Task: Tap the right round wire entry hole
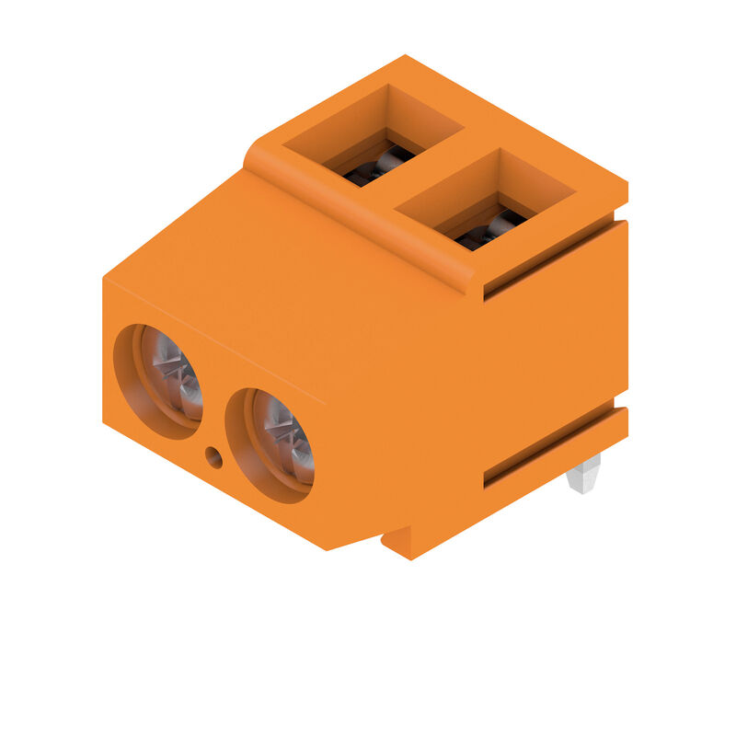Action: click(x=270, y=443)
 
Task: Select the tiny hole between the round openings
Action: click(x=214, y=455)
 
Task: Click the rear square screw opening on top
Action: click(x=373, y=133)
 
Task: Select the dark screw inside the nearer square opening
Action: click(x=492, y=230)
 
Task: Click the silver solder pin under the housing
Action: click(x=584, y=474)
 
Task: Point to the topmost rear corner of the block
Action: click(x=405, y=57)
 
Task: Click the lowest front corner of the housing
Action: click(x=328, y=549)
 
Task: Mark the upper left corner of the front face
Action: click(x=104, y=278)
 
